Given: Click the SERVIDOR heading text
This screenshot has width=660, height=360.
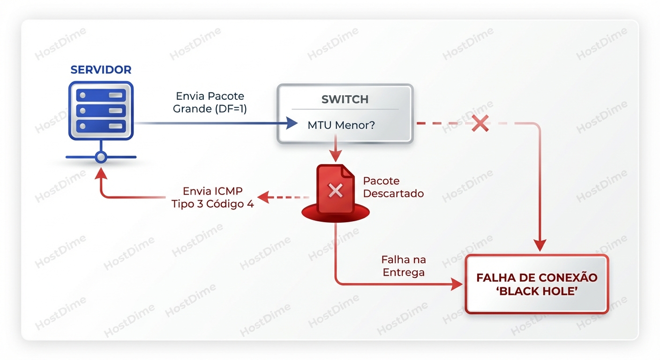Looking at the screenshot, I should click(101, 70).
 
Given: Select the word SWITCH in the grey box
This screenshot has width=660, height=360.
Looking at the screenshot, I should click(345, 99).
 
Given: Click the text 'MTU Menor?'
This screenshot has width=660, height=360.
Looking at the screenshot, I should click(341, 126).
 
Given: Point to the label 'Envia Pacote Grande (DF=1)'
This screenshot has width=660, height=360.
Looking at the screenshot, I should click(210, 102).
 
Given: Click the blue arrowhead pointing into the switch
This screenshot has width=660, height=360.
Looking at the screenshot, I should click(292, 124).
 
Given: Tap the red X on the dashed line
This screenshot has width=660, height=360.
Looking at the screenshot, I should click(480, 123).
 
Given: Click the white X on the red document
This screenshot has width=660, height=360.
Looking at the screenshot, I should click(335, 190).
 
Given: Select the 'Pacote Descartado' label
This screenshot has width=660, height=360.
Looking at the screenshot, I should click(393, 187).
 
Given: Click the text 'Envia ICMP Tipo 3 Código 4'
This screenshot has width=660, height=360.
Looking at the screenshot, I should click(213, 197).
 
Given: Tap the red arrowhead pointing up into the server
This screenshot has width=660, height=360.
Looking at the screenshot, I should click(101, 175).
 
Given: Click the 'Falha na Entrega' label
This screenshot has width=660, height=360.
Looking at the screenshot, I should click(404, 266).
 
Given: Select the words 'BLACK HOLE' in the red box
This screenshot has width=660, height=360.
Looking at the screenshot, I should click(537, 291).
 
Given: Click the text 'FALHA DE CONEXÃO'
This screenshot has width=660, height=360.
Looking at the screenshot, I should click(537, 277).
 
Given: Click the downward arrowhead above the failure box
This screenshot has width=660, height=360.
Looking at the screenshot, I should click(540, 246).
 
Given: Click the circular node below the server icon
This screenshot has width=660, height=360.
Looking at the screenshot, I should click(101, 157).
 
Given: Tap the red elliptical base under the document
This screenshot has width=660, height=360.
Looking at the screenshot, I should click(335, 214).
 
